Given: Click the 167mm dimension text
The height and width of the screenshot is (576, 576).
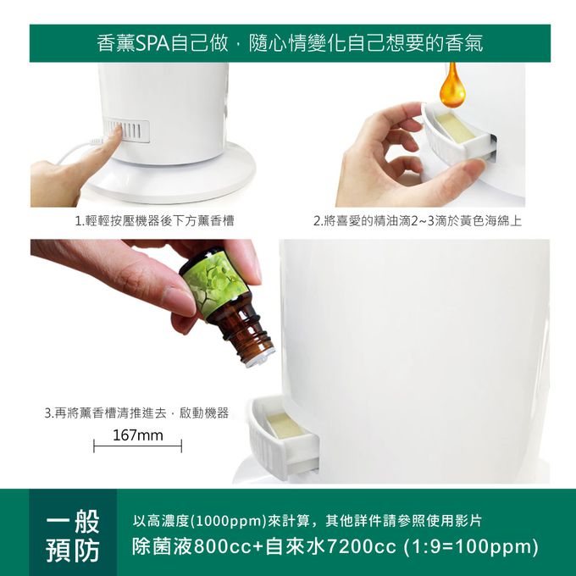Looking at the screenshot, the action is tap(138, 435).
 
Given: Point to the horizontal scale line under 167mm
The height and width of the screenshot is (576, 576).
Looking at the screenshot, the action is tap(138, 446).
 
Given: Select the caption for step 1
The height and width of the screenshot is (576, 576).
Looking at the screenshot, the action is tap(154, 221).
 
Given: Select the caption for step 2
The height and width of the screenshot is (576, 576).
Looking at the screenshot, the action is tap(418, 221).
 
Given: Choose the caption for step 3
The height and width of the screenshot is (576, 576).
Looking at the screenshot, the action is tap(136, 413).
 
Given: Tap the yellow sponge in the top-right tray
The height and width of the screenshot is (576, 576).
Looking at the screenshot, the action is tap(455, 127).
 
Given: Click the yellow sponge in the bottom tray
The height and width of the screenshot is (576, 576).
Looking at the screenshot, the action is tap(285, 425).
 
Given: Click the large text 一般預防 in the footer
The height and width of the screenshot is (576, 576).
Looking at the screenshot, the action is tap(73, 536).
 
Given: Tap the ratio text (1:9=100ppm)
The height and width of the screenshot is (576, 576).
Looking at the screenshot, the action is tap(471, 546).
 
